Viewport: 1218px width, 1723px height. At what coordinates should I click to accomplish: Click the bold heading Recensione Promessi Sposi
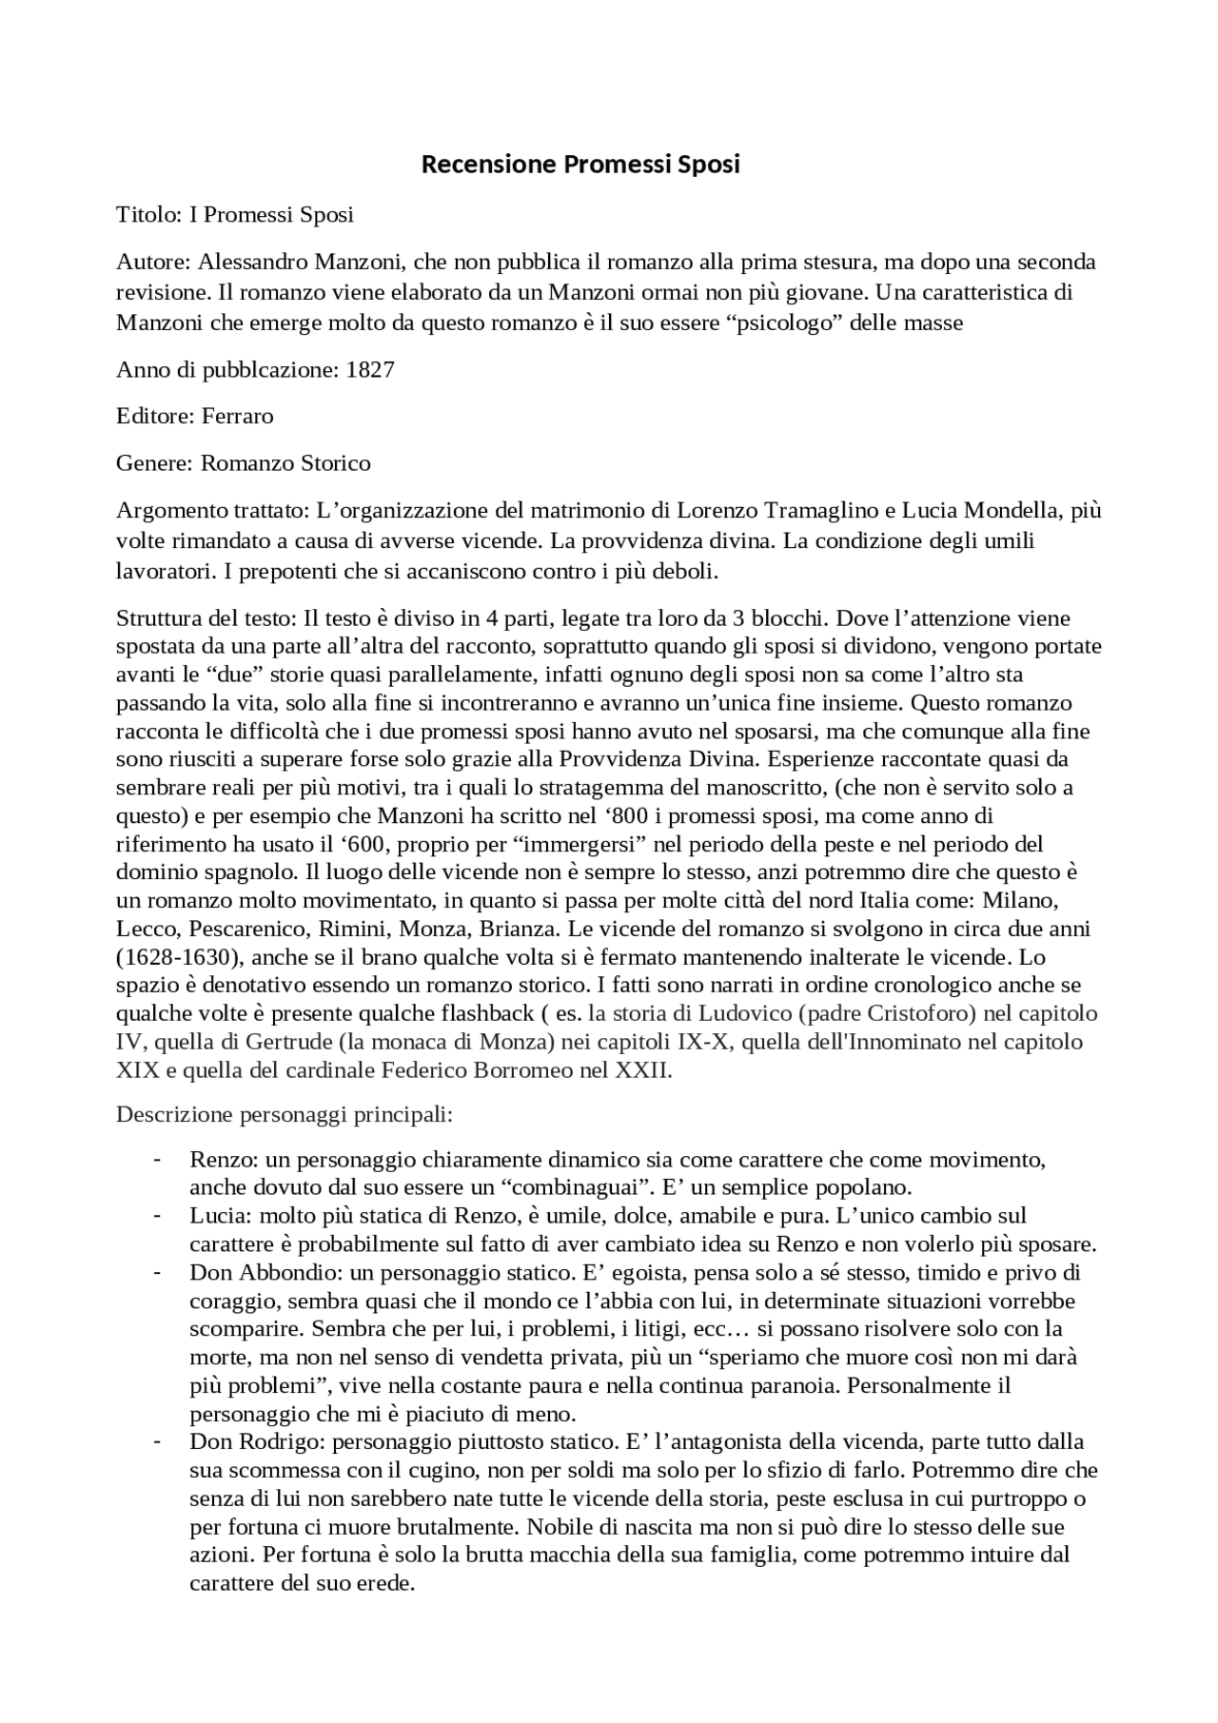click(x=580, y=165)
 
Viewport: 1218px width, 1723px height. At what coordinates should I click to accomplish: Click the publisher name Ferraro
click(x=238, y=417)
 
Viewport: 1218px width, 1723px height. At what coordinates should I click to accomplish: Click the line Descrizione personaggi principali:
click(x=284, y=1113)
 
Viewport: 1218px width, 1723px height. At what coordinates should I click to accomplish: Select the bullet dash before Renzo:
click(x=156, y=1160)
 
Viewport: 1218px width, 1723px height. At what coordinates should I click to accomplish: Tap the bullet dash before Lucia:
click(x=156, y=1216)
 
